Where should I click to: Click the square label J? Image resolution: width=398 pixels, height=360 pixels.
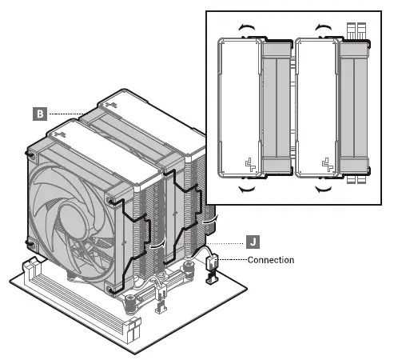pyautogui.click(x=253, y=239)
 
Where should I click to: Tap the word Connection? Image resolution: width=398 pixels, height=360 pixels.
pyautogui.click(x=270, y=260)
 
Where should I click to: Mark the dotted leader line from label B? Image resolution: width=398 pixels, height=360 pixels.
pyautogui.click(x=67, y=114)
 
